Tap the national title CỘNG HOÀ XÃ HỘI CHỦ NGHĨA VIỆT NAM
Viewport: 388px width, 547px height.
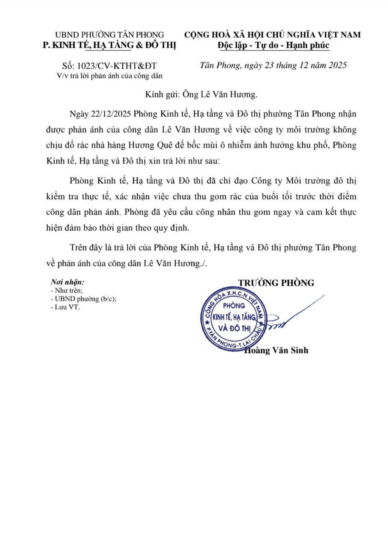(273, 35)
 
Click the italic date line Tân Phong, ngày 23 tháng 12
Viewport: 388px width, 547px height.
(273, 65)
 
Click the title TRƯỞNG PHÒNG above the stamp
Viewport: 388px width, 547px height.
(276, 282)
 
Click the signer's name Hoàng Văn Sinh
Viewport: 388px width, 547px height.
(276, 350)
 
